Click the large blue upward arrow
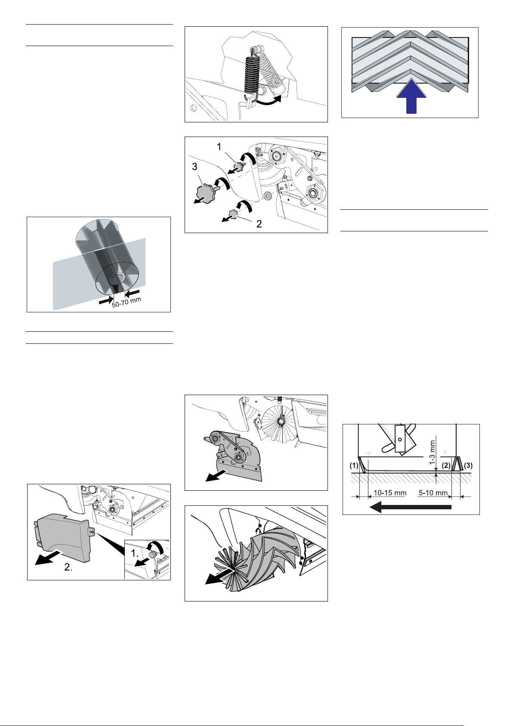click(411, 97)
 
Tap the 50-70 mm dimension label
click(127, 302)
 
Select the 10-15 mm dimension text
click(389, 493)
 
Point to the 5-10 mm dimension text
click(433, 493)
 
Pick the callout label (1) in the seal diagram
click(354, 465)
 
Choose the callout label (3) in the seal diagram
click(468, 465)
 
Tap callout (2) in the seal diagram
click(446, 465)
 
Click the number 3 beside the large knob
click(195, 167)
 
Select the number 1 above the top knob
click(219, 147)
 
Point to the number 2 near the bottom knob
click(259, 224)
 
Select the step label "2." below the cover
click(68, 567)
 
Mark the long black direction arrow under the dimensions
click(411, 507)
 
